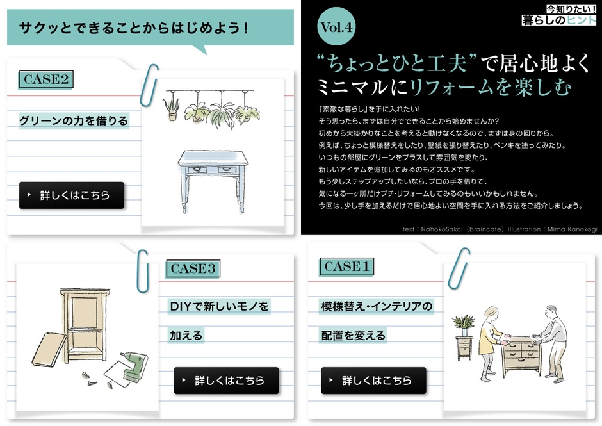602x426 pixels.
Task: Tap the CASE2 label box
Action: pos(45,79)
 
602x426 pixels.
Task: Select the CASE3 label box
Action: pos(192,269)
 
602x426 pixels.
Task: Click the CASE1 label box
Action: pos(346,266)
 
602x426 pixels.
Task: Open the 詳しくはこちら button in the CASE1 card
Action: pos(373,381)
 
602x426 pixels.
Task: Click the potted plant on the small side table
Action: pos(463,325)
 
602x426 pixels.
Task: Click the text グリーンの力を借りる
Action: pos(74,120)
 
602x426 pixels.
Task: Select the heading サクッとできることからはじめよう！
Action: pos(133,28)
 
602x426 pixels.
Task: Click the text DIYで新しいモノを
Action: pos(219,306)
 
